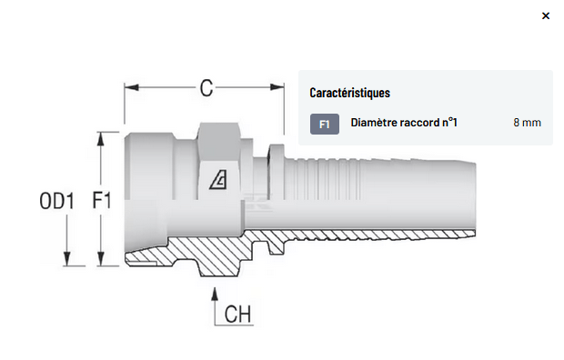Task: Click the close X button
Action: click(545, 15)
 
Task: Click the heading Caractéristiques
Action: click(349, 93)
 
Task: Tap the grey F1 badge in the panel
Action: click(325, 124)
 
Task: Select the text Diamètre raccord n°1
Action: click(404, 123)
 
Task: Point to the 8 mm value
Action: click(527, 123)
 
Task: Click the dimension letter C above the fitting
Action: click(206, 88)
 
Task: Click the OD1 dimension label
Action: click(56, 201)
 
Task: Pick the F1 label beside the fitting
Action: click(102, 200)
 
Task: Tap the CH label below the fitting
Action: click(237, 314)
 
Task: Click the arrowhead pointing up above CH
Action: click(215, 294)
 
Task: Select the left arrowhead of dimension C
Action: click(132, 87)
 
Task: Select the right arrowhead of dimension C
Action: click(277, 87)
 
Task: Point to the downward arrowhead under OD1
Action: click(67, 259)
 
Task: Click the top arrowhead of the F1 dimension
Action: click(101, 139)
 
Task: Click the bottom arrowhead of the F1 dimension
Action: click(101, 259)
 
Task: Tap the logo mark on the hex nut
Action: click(218, 179)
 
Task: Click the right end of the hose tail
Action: click(474, 198)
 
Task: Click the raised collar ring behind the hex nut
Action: click(277, 172)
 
